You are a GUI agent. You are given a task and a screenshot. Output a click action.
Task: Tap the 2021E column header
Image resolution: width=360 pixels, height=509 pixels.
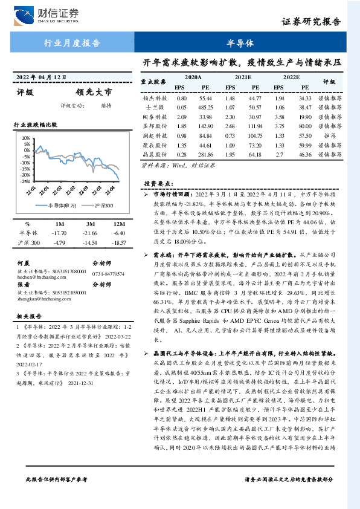point(243,77)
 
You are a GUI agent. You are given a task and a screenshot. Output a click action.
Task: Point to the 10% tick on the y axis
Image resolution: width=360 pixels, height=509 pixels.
point(26,138)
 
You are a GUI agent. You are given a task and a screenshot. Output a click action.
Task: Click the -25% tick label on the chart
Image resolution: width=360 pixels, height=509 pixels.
point(25,181)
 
